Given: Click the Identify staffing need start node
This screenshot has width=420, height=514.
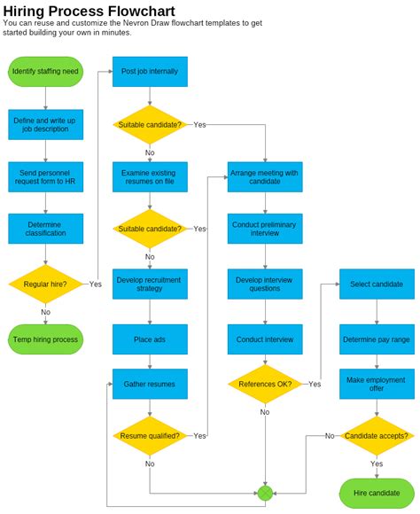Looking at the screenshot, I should (x=45, y=71).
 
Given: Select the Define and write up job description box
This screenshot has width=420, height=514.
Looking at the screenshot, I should (x=45, y=125).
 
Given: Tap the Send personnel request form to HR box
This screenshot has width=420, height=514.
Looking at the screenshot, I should (x=45, y=176).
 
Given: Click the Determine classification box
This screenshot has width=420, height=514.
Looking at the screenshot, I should (x=45, y=229).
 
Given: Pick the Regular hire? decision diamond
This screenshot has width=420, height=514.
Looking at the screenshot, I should (x=45, y=284).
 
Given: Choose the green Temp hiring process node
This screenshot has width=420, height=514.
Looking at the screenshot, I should (x=45, y=339).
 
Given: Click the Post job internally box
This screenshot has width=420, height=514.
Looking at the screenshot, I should (x=150, y=71).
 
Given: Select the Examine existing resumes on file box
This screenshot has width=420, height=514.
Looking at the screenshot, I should (x=150, y=176).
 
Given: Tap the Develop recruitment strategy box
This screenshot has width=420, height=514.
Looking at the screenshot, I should (x=150, y=284).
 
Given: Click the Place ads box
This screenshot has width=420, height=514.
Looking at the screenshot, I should (x=150, y=339).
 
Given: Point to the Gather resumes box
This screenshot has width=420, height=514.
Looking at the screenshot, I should (x=150, y=384).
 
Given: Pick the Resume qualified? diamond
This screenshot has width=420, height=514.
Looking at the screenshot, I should (x=150, y=435).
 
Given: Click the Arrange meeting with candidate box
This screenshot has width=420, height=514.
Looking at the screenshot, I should (x=265, y=176).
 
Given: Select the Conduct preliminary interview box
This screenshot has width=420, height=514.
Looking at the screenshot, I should (x=265, y=229).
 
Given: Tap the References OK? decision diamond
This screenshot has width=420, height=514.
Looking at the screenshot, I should (x=265, y=384).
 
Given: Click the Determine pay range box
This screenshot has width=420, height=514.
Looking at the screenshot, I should (x=377, y=339).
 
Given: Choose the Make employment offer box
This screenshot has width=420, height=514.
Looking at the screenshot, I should (x=377, y=384).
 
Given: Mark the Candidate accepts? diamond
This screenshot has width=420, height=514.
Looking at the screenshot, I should (x=377, y=435).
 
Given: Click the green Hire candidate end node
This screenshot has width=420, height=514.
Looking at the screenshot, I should (x=377, y=492).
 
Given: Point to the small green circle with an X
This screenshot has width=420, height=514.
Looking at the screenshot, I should (x=265, y=492).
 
